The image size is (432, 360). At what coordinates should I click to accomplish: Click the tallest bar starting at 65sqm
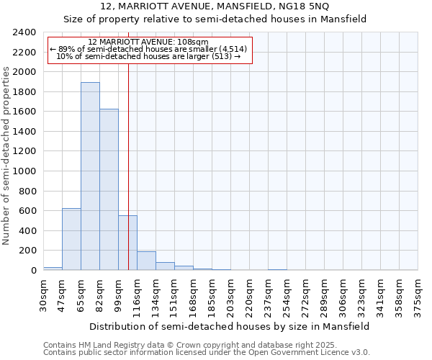pos(90,176)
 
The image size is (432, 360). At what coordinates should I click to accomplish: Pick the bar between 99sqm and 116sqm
pos(127,243)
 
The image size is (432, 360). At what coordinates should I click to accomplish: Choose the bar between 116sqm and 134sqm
pos(146,261)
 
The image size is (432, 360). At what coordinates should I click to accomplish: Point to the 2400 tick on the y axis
pos(25,32)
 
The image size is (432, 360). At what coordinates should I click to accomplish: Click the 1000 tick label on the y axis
pos(25,171)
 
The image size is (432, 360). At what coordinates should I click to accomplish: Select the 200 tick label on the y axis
pos(27,251)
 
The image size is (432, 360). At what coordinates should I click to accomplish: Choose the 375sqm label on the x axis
pos(418,294)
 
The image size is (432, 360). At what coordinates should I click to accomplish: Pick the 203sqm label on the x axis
pos(230,294)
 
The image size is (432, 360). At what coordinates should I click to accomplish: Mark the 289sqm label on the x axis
pos(324,294)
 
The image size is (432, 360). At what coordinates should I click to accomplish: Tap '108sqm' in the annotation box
pos(195,42)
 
